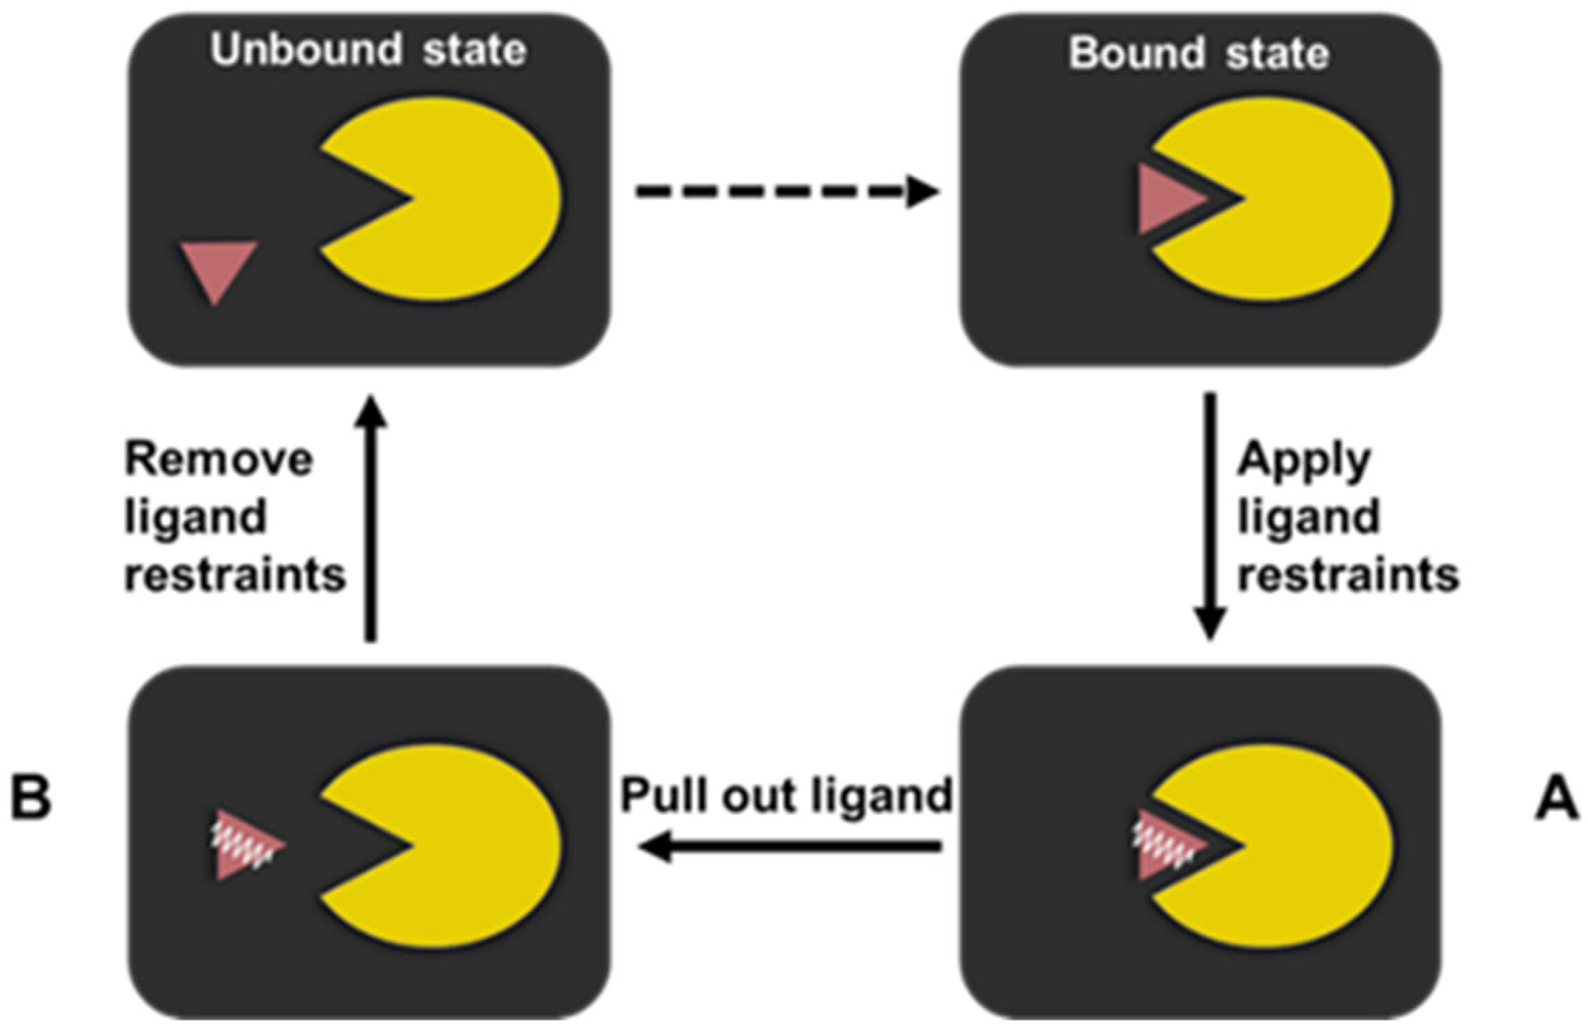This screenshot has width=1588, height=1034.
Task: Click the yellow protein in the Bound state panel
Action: coord(1301,199)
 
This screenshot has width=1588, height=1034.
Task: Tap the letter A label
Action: coord(1555,801)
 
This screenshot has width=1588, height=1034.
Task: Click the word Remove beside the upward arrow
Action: coord(219,460)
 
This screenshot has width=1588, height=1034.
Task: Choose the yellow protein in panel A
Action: coord(1301,845)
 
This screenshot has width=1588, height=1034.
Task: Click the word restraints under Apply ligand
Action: coord(1349,577)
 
